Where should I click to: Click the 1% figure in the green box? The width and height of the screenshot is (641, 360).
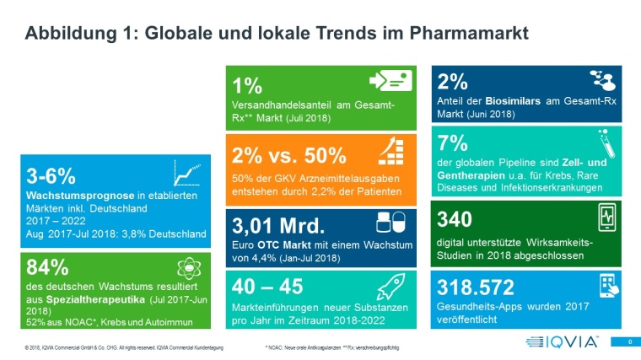pos(246,84)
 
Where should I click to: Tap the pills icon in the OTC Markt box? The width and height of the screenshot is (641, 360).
pos(392,222)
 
